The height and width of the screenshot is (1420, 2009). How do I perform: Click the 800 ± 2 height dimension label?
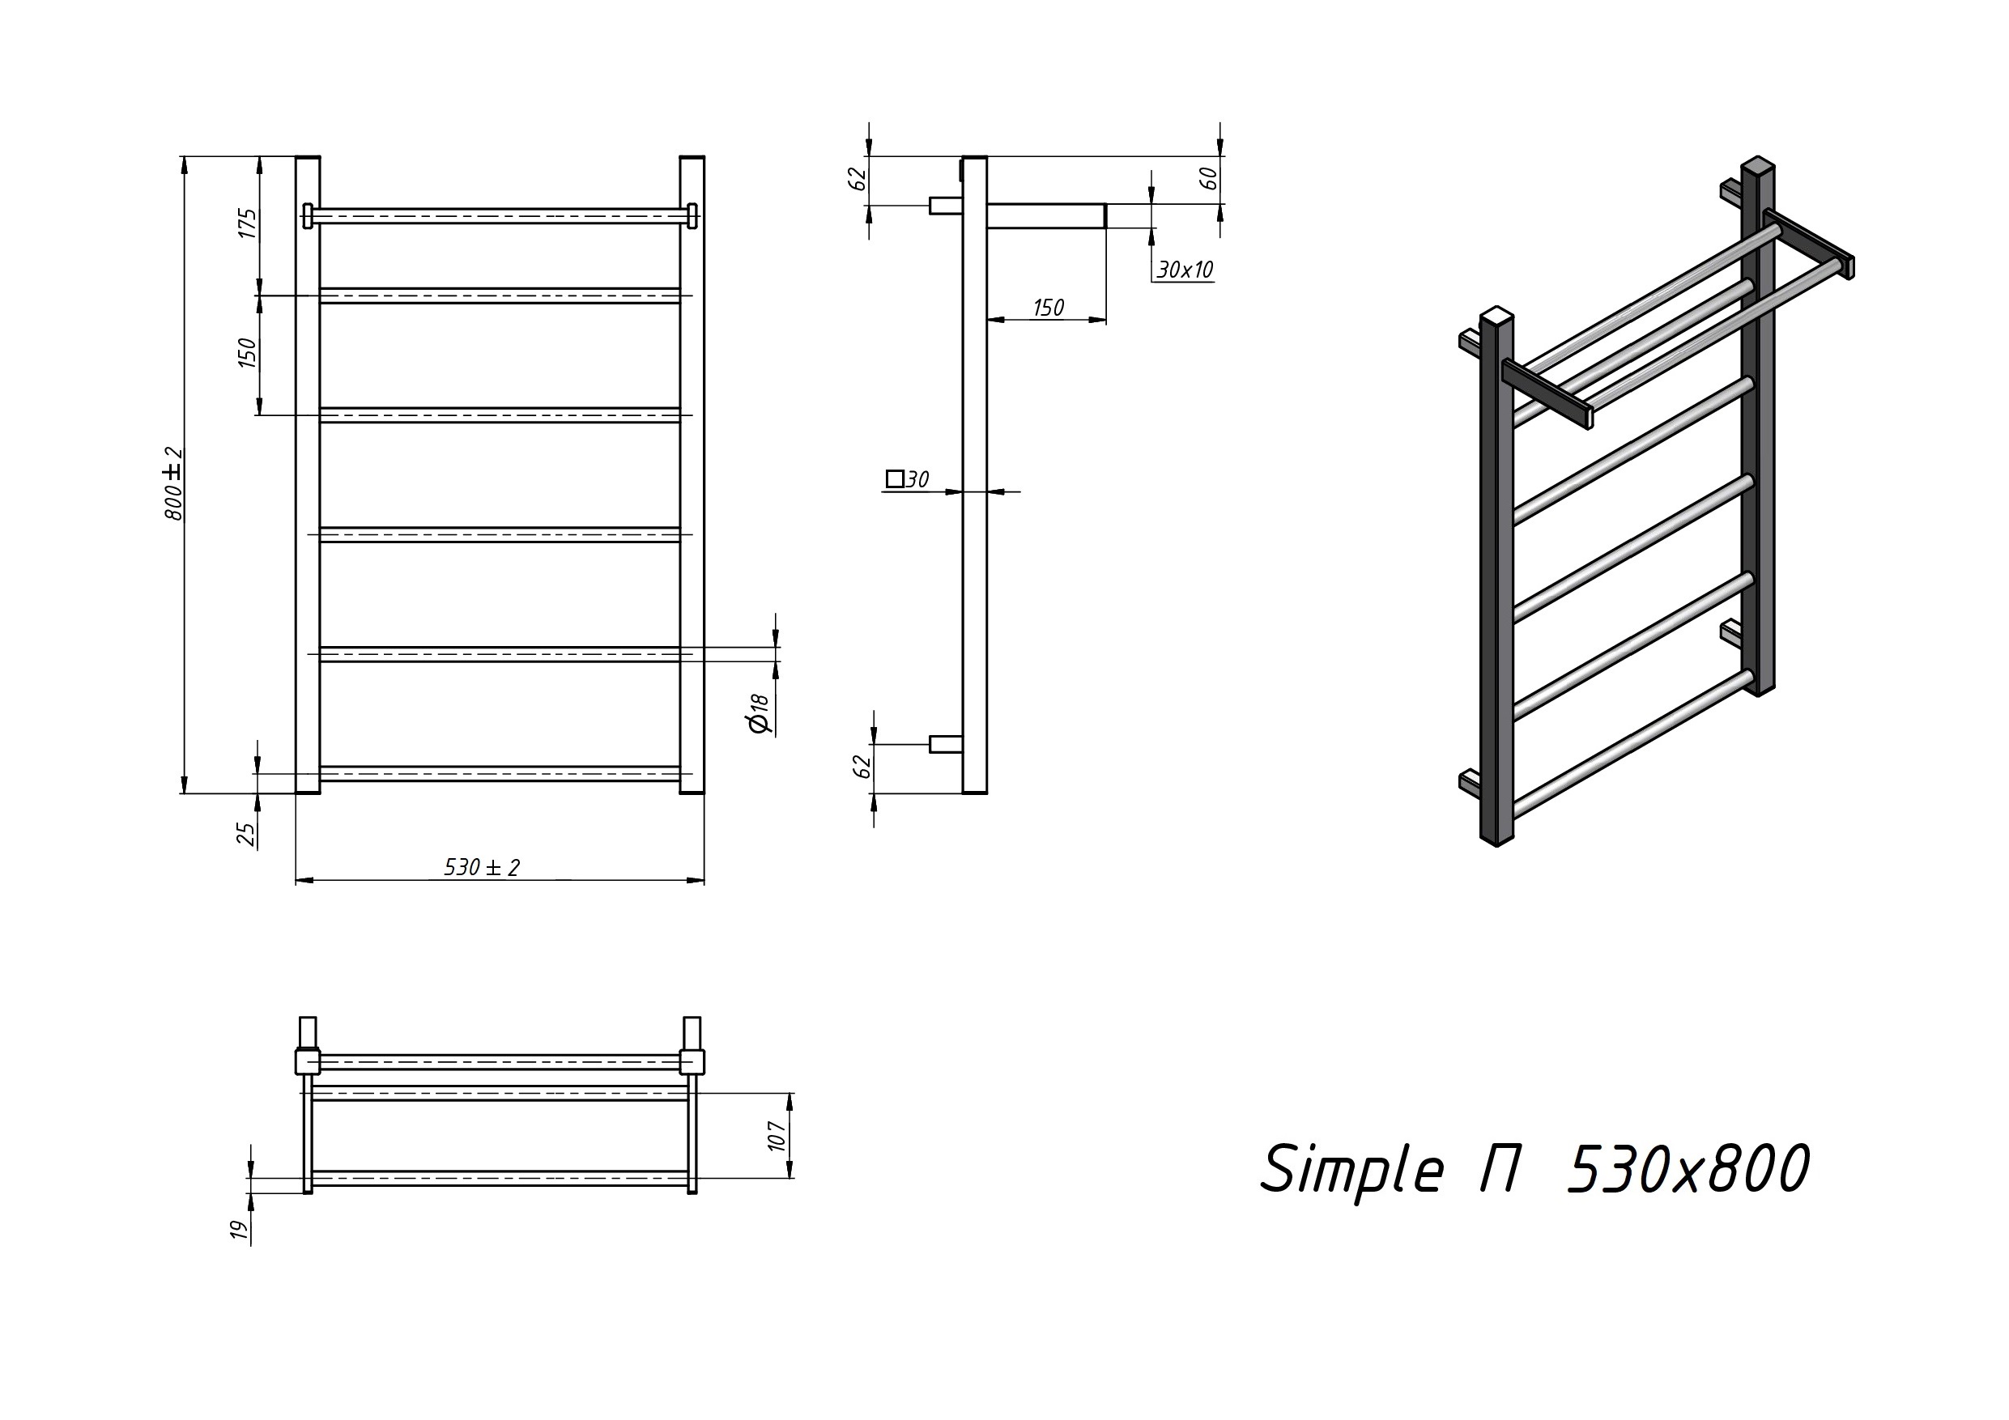coord(175,484)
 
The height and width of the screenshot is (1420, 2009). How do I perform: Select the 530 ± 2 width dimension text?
coord(482,867)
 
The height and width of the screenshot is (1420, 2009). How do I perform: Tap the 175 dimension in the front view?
coord(249,223)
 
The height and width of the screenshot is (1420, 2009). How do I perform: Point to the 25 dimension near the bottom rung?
coord(248,834)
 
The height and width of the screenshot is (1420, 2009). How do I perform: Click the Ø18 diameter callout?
coord(759,713)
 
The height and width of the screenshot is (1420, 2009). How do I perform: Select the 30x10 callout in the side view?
coord(1185,270)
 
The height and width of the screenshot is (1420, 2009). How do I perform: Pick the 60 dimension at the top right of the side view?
coord(1207,177)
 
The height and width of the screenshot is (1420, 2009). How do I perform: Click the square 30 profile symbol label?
coord(908,478)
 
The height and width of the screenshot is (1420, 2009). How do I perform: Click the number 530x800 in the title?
coord(1688,1169)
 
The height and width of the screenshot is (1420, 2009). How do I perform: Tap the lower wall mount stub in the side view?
coord(946,744)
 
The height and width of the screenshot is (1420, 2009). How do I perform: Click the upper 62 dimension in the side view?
coord(858,177)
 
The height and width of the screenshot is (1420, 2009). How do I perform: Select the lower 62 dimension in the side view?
coord(862,766)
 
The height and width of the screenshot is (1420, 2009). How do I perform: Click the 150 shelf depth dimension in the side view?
coord(1049,308)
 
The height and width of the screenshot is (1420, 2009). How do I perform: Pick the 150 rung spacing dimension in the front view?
coord(249,353)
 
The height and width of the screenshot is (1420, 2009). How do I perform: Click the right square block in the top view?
coord(692,1061)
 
